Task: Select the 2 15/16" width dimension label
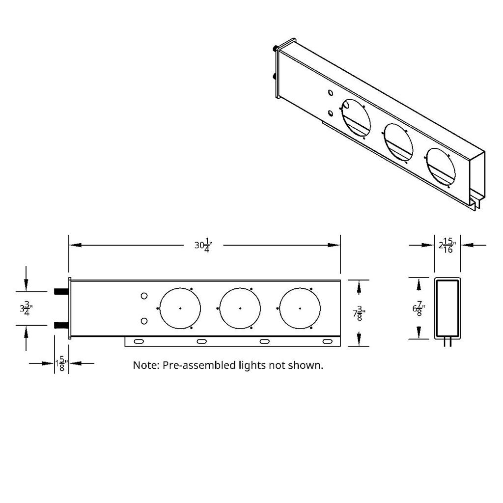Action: [447, 245]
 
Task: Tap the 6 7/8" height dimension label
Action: [419, 309]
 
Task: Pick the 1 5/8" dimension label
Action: [61, 364]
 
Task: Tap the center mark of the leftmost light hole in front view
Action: [180, 308]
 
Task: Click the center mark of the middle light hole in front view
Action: [240, 308]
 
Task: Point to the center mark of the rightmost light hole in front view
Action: [300, 308]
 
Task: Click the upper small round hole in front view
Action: [144, 296]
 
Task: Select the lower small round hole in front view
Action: [144, 321]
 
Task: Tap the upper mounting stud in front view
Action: [61, 291]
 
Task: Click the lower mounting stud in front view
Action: [61, 325]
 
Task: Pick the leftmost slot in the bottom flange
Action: [139, 341]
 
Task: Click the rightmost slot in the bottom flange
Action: [327, 341]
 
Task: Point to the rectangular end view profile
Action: [447, 308]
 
